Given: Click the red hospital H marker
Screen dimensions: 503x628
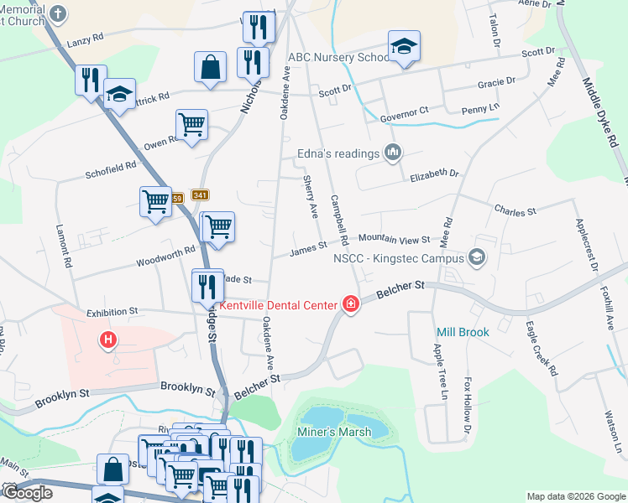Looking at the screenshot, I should pos(107,340).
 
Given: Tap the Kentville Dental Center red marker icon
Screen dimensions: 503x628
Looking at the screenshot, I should pos(350,305).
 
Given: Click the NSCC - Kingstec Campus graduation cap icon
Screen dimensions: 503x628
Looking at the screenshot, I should pos(478,257).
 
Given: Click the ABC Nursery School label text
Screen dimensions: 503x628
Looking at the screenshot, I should pos(338,58).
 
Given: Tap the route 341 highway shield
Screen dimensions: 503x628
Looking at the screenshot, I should pos(200,194).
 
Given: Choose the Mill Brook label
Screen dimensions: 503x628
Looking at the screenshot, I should pos(462,333).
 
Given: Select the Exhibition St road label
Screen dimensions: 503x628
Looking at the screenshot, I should pos(112,311).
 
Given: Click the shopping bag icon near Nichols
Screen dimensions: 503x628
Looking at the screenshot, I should pos(210,67).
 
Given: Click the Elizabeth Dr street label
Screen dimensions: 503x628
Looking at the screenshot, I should pos(434,175).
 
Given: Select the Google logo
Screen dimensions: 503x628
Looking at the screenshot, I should pos(27,493).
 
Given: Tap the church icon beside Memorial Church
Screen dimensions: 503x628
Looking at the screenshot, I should pos(58,13).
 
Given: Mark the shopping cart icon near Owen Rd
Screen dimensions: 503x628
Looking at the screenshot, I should pos(192,125).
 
